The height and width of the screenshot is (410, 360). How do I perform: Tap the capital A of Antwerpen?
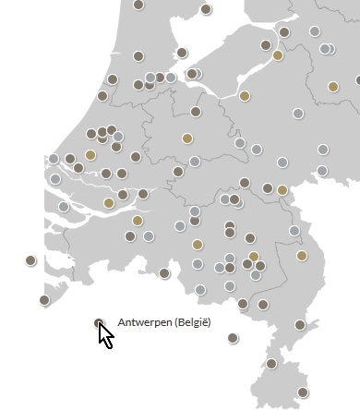[122, 322]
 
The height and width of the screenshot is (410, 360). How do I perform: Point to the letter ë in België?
[206, 322]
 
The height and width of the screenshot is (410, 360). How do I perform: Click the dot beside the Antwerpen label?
[100, 322]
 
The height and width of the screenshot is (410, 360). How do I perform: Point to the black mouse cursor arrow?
[105, 334]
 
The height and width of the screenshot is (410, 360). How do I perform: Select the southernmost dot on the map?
[303, 392]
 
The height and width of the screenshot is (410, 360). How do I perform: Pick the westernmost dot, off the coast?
[30, 260]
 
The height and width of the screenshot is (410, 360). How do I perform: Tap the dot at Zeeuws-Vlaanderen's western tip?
[44, 299]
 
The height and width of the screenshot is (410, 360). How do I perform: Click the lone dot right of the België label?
[233, 338]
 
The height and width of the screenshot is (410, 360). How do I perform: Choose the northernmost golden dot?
[278, 55]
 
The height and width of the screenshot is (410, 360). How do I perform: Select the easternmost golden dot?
[333, 87]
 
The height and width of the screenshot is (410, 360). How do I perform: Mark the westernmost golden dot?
[90, 154]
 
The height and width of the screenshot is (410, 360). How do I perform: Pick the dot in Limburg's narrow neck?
[300, 325]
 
